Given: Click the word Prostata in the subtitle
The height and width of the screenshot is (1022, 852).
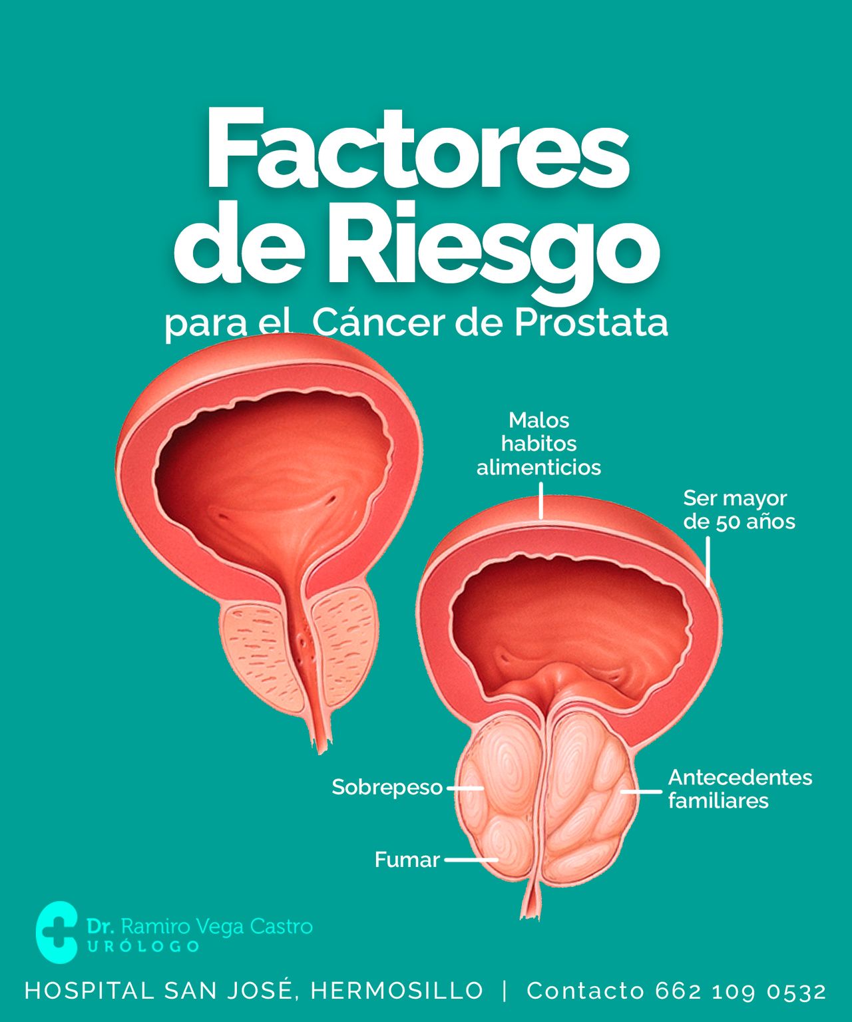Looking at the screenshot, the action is pyautogui.click(x=591, y=323).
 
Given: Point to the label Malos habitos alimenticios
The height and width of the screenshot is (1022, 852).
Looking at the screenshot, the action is pyautogui.click(x=538, y=444).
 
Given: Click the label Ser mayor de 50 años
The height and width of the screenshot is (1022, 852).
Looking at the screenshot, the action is pyautogui.click(x=739, y=510).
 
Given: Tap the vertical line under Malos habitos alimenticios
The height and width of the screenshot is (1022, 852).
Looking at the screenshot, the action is pyautogui.click(x=541, y=500).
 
